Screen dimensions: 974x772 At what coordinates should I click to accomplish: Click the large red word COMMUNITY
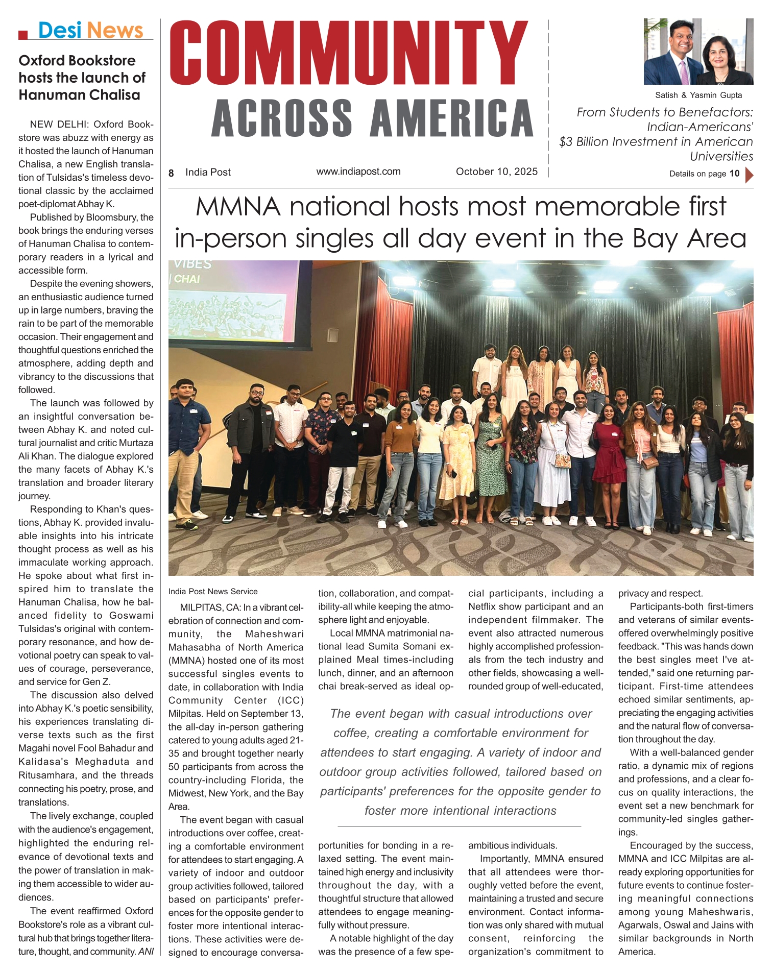[348, 53]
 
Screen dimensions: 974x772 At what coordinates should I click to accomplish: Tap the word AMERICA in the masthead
[452, 118]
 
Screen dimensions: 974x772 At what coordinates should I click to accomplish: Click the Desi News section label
[90, 31]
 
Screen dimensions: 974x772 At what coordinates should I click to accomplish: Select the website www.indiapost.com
[358, 172]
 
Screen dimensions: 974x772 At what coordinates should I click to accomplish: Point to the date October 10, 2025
[496, 172]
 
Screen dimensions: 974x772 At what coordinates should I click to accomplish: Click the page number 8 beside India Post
[172, 173]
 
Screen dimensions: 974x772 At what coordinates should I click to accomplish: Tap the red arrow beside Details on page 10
[749, 175]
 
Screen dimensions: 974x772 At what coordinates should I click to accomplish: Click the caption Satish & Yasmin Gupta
[698, 95]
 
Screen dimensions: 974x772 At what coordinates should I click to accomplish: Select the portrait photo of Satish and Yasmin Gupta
[698, 52]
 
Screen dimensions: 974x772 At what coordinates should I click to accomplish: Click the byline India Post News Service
[213, 591]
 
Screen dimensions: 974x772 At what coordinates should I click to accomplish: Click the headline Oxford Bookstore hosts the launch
[82, 78]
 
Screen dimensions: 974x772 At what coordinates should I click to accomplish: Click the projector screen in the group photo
[234, 302]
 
